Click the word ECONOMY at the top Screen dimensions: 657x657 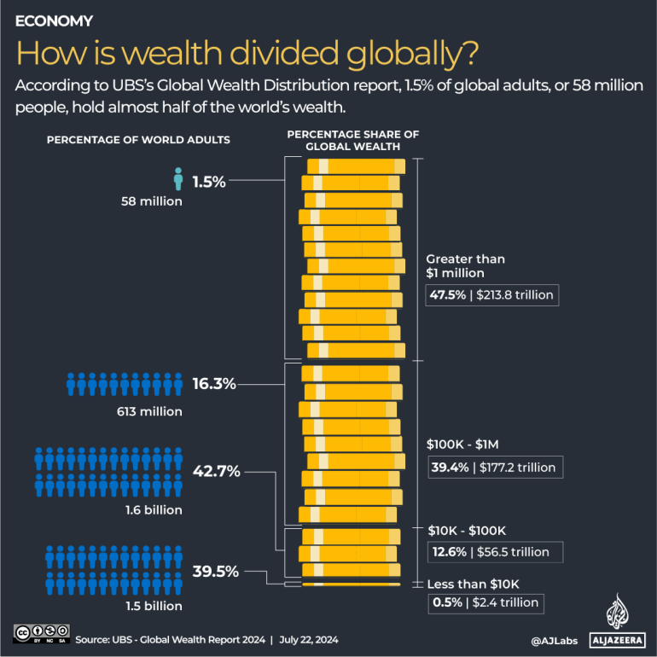click(55, 20)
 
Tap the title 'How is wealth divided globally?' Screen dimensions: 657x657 click(247, 54)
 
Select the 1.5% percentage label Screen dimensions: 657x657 click(208, 181)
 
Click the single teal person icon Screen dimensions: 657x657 click(178, 179)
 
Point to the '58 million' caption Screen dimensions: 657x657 click(151, 201)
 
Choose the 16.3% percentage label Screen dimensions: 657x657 click(213, 384)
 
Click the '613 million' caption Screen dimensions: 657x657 click(151, 411)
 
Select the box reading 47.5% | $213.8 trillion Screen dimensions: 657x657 click(492, 295)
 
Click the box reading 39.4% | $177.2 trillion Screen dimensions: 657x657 click(493, 467)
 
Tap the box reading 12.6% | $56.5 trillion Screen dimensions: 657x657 click(493, 551)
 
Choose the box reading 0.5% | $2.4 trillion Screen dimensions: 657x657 click(485, 602)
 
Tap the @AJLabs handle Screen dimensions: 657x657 click(553, 639)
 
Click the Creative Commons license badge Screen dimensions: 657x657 click(40, 633)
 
